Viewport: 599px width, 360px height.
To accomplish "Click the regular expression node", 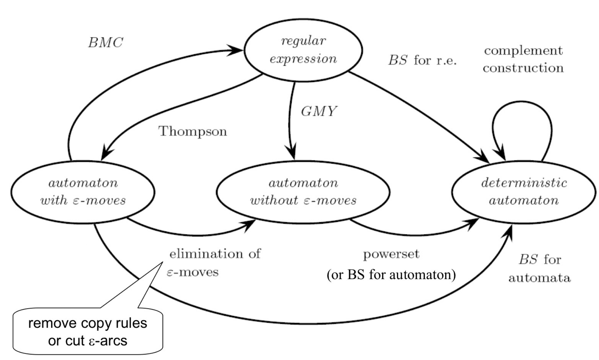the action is (x=303, y=50).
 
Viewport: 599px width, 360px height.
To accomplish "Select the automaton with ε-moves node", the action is (x=83, y=192).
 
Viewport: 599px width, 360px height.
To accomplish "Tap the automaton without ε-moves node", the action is (x=303, y=192).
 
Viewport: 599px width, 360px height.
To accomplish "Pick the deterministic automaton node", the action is (x=524, y=192).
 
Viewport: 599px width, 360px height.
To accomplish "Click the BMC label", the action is (x=105, y=43).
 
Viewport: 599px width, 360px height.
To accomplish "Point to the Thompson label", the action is (x=193, y=131).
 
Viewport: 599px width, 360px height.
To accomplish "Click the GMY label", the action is (x=319, y=111).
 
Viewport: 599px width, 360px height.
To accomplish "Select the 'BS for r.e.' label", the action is (x=423, y=60).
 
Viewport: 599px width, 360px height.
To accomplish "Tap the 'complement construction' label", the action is (x=523, y=59).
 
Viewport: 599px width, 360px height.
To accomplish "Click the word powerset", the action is (x=391, y=254).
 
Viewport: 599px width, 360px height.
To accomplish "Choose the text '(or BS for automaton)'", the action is (x=391, y=275).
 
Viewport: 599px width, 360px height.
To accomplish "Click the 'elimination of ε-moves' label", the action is (x=214, y=263).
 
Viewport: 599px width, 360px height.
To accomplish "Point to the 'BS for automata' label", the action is (x=540, y=268).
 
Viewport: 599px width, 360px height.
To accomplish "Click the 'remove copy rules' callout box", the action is (x=87, y=331).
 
